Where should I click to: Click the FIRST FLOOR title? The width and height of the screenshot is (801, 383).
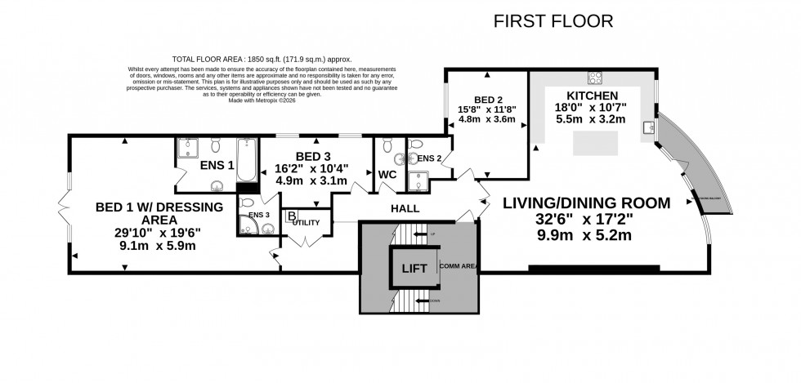tap(553, 20)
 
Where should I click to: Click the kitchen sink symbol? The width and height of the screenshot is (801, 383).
tap(649, 128)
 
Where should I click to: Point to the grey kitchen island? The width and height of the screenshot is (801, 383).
tap(595, 144)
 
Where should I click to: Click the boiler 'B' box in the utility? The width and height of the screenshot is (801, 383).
tap(291, 216)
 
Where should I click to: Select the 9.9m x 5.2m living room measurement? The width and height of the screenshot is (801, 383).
tap(586, 236)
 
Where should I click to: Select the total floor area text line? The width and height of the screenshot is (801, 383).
tap(249, 59)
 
